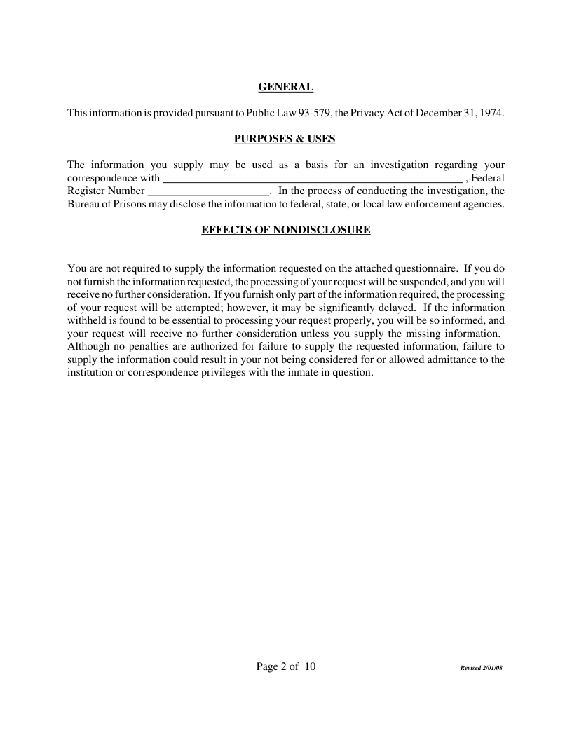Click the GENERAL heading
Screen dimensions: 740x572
coord(285,88)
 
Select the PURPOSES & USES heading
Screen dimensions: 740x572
coord(285,139)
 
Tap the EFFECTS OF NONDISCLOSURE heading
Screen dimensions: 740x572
coord(285,229)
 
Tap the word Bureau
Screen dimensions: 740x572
coord(83,204)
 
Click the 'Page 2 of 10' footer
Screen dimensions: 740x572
coord(286,666)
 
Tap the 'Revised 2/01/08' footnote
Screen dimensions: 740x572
coord(482,669)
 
